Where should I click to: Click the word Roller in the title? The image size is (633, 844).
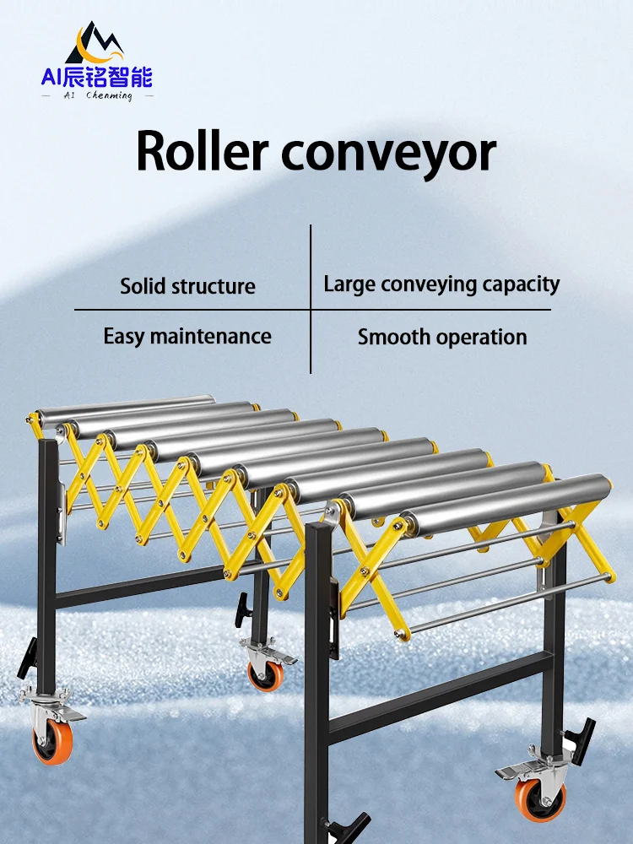pyautogui.click(x=200, y=152)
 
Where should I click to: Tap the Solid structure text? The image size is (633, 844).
pyautogui.click(x=187, y=285)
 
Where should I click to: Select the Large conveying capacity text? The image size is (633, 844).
pyautogui.click(x=441, y=284)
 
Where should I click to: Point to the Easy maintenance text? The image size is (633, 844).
pyautogui.click(x=187, y=336)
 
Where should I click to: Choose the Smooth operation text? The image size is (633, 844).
pyautogui.click(x=441, y=337)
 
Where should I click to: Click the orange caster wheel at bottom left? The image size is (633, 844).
pyautogui.click(x=51, y=744)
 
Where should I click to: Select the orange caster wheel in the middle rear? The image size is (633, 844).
pyautogui.click(x=265, y=674)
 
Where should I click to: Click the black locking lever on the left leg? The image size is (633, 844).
pyautogui.click(x=28, y=657)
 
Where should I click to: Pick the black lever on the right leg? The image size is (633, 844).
pyautogui.click(x=581, y=735)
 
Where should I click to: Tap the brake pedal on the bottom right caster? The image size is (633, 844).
pyautogui.click(x=514, y=771)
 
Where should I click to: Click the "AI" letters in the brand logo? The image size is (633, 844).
pyautogui.click(x=52, y=78)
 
